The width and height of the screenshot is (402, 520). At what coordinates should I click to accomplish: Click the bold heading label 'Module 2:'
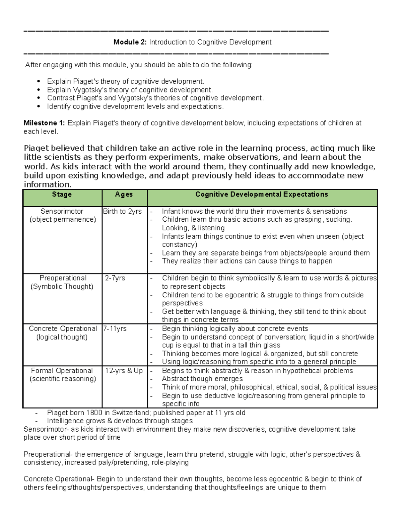point(130,42)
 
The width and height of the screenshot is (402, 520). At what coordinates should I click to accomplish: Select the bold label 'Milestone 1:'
point(44,123)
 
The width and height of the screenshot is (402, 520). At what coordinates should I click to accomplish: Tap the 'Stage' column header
point(62,195)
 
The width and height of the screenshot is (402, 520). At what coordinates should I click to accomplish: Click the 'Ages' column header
point(124,195)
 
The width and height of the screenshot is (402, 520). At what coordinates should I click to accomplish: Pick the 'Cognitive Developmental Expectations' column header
point(262,195)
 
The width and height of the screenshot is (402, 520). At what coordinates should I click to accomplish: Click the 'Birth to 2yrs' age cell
point(122,211)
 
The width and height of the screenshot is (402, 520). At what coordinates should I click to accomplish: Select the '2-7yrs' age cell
point(115,278)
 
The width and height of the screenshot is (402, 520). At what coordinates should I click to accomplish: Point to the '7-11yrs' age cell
point(115,329)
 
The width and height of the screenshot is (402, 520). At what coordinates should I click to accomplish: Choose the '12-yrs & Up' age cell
point(124,371)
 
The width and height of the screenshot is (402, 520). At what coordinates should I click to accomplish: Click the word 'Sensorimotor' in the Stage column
point(62,211)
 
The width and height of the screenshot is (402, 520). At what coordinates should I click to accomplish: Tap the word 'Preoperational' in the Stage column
point(63,278)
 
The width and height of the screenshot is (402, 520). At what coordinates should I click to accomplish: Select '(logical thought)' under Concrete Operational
point(62,337)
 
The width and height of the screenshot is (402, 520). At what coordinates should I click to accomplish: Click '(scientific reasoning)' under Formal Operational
point(63,379)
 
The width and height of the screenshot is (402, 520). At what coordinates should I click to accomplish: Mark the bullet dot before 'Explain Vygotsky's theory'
point(39,90)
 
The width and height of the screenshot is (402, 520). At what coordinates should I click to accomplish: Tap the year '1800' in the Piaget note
point(94,413)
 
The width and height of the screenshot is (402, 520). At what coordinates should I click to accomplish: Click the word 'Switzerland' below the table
point(131,413)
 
